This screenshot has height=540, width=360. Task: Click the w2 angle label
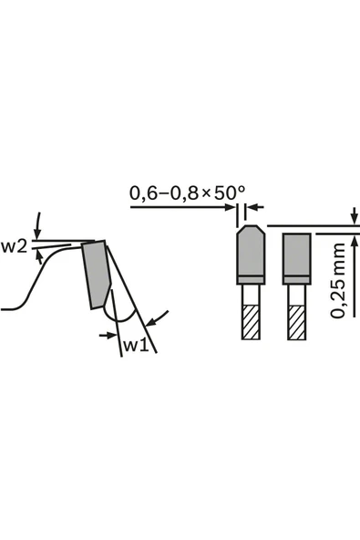pyautogui.click(x=14, y=247)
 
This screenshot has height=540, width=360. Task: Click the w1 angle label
pyautogui.click(x=136, y=345)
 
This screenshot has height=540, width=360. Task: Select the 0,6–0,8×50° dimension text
pyautogui.click(x=187, y=192)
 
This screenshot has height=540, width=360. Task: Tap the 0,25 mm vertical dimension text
pyautogui.click(x=337, y=280)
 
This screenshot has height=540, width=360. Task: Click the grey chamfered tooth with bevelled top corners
pyautogui.click(x=251, y=254)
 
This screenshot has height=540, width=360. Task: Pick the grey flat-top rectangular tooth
pyautogui.click(x=297, y=259)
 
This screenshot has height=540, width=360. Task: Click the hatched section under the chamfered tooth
pyautogui.click(x=251, y=322)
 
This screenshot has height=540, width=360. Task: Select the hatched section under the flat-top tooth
pyautogui.click(x=297, y=322)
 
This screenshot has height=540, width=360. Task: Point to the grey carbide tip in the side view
pyautogui.click(x=97, y=274)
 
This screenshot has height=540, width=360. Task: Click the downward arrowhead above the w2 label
pyautogui.click(x=36, y=234)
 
